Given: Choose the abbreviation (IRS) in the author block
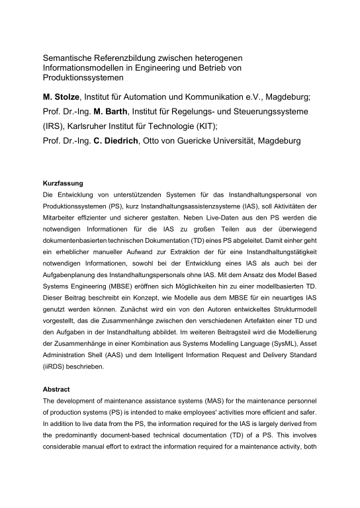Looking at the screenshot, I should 56,126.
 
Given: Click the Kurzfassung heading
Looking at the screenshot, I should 63,182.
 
